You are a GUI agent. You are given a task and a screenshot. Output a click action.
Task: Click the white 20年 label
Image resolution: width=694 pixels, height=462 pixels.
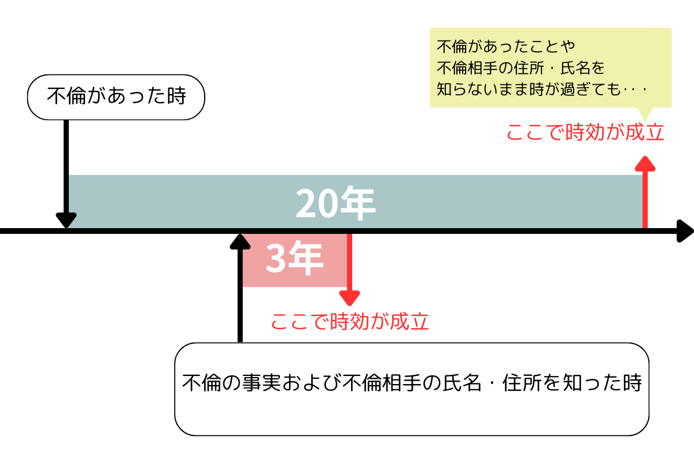(335, 203)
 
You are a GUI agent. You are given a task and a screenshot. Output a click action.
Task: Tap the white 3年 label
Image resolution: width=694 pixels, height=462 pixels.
(294, 258)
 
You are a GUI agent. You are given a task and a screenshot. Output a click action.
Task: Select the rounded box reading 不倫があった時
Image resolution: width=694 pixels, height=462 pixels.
(116, 97)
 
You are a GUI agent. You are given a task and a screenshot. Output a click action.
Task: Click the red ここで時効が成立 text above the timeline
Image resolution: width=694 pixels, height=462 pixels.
(585, 132)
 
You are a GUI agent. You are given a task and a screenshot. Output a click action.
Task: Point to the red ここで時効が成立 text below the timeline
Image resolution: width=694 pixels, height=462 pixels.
(350, 322)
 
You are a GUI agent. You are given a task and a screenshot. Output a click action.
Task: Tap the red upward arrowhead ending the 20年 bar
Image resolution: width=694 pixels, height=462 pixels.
(645, 163)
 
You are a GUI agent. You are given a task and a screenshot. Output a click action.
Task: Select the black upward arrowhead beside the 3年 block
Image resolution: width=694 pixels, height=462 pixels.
(240, 241)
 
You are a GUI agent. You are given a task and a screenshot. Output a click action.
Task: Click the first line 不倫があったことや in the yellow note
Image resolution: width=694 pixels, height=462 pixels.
(505, 46)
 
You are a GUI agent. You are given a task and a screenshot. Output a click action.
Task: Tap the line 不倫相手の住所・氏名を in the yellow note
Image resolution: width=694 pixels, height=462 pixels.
(520, 68)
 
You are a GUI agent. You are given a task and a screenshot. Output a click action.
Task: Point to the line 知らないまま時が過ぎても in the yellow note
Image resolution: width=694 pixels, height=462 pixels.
(529, 89)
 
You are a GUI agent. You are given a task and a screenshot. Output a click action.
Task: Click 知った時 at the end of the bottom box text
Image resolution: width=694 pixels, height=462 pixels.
(602, 383)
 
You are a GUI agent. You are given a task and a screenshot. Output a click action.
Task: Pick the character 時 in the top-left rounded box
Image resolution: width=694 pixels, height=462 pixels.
(176, 96)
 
